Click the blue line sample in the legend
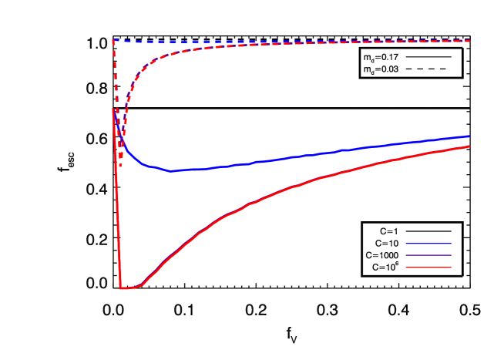coord(428,244)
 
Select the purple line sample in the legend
coord(428,255)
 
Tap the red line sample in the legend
coord(428,267)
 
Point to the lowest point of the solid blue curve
coord(171,170)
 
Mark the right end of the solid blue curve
coord(469,136)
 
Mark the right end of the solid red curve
coord(469,146)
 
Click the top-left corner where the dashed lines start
coord(113,40)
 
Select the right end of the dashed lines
coord(469,41)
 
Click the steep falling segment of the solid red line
coord(117,200)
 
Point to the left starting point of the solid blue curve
coord(113,109)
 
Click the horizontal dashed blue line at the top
coord(308,42)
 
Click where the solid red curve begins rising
coord(143,285)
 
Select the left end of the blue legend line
coord(406,244)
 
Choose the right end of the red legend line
coord(451,267)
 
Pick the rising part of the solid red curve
coord(200,231)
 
